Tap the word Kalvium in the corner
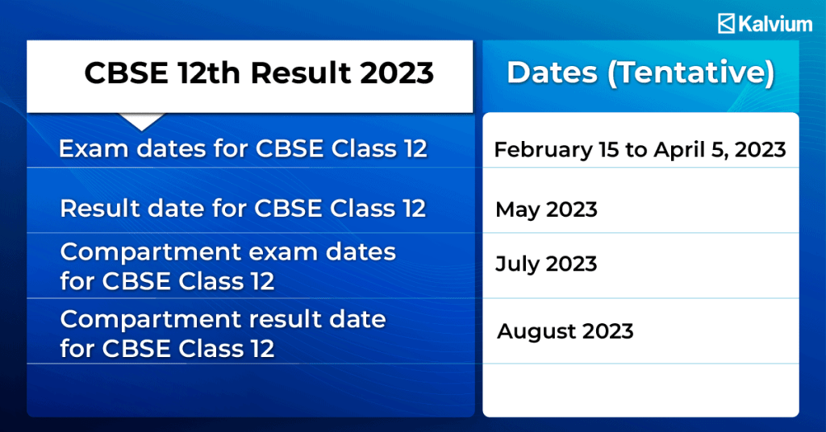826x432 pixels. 775,24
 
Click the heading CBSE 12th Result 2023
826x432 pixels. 259,73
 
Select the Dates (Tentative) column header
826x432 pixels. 640,73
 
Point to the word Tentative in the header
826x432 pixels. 690,73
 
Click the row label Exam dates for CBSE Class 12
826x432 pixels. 243,149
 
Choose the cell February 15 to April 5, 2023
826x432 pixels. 640,150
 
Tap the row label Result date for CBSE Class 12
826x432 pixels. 243,209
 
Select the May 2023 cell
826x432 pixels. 546,210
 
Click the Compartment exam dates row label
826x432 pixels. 227,266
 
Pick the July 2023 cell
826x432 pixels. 546,264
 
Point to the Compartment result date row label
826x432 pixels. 223,333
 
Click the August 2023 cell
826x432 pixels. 565,331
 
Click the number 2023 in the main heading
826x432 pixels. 397,73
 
